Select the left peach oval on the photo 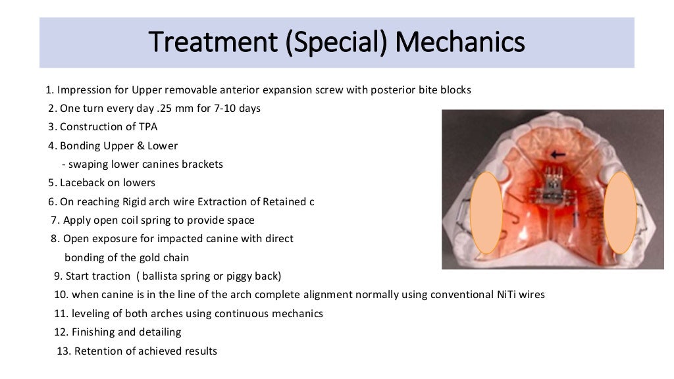pyautogui.click(x=488, y=213)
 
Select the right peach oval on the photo pyautogui.click(x=620, y=213)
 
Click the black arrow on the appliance pyautogui.click(x=559, y=156)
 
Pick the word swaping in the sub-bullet pyautogui.click(x=84, y=164)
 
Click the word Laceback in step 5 pyautogui.click(x=81, y=182)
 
